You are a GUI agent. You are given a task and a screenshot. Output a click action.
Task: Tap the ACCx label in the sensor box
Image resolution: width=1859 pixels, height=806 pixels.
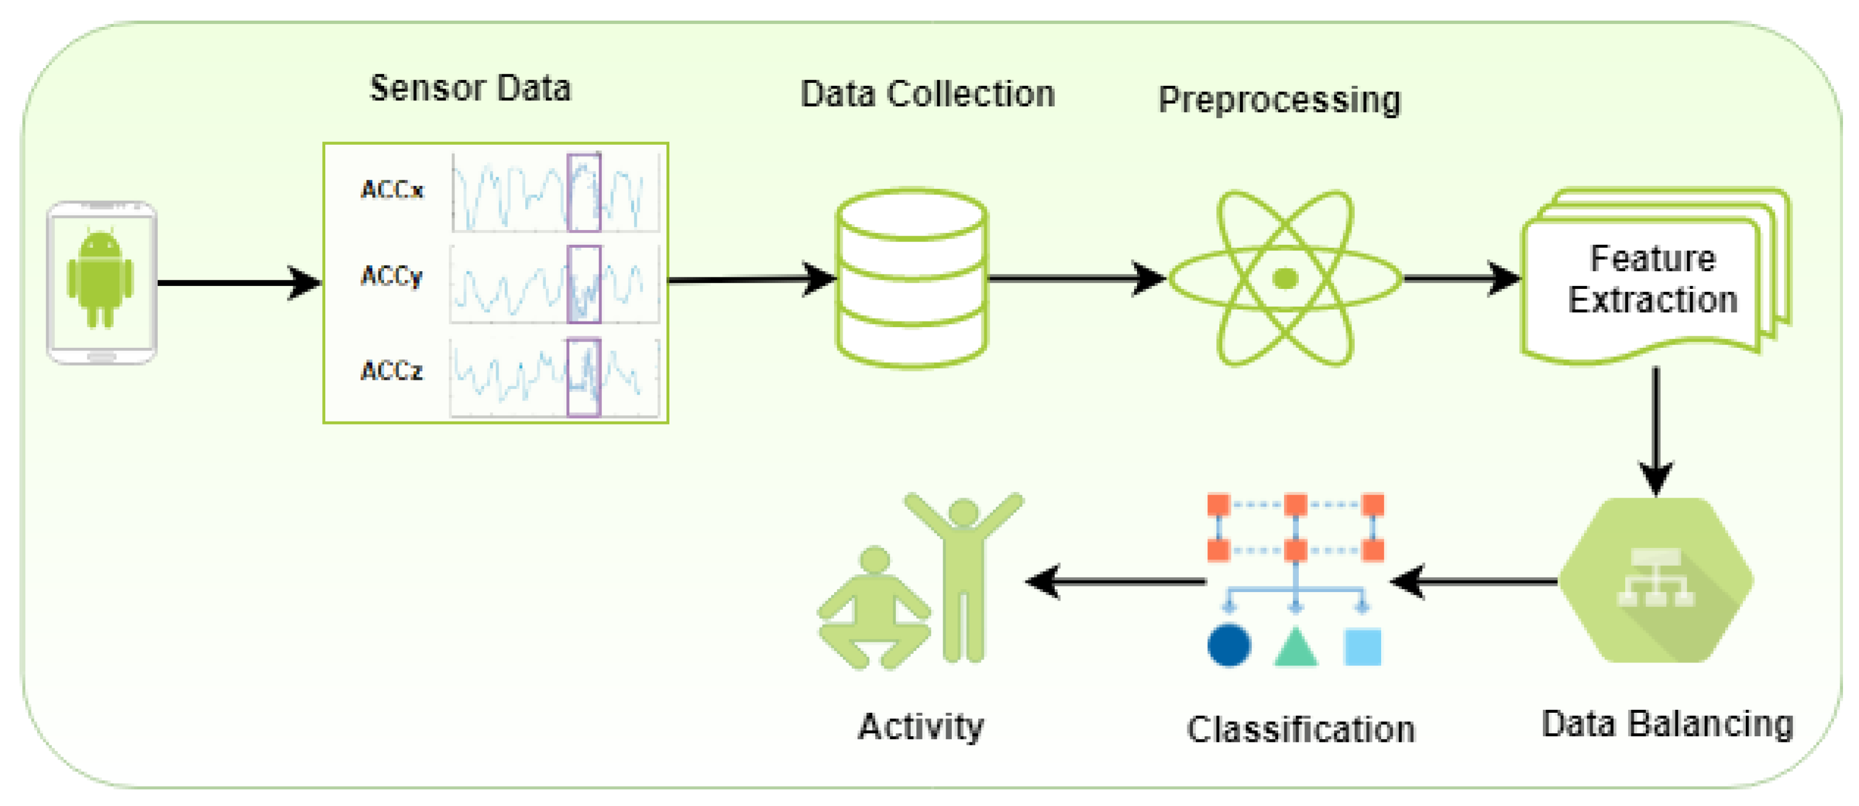click(392, 190)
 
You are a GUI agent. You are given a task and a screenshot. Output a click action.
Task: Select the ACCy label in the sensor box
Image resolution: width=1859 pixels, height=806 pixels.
click(392, 276)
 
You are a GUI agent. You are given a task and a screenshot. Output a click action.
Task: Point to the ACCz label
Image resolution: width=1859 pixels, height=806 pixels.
click(392, 371)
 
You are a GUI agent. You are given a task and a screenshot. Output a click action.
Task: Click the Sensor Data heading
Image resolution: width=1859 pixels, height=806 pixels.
click(470, 88)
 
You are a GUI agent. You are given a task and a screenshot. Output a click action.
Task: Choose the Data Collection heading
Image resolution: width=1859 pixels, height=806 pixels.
click(928, 94)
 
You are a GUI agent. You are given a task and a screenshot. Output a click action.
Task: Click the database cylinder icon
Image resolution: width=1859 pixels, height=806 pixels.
click(911, 278)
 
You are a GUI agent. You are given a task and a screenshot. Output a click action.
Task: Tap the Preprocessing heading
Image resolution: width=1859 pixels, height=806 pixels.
click(1279, 100)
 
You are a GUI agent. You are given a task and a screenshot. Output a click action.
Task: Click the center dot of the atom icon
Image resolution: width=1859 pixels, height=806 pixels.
click(1285, 278)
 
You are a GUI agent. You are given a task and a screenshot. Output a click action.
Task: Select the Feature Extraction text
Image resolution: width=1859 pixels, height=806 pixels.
click(1653, 279)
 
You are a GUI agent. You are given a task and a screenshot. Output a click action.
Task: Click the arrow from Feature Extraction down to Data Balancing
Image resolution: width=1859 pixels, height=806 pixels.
click(1656, 432)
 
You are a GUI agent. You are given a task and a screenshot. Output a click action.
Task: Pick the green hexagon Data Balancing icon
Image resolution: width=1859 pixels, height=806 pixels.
click(1656, 580)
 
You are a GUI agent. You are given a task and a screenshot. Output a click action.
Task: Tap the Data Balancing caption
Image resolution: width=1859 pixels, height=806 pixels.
click(1667, 724)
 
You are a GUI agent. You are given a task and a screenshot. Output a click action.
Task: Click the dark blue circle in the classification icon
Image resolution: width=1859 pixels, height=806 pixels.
click(1229, 645)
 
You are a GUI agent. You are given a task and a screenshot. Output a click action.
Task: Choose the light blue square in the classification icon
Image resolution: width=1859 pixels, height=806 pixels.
click(1362, 646)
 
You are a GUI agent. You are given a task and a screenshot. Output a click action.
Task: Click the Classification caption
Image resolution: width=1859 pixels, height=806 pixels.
click(1301, 729)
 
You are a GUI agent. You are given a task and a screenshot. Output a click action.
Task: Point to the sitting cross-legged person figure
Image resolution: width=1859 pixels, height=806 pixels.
click(874, 608)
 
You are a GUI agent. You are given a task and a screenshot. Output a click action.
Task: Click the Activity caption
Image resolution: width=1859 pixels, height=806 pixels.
click(921, 726)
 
